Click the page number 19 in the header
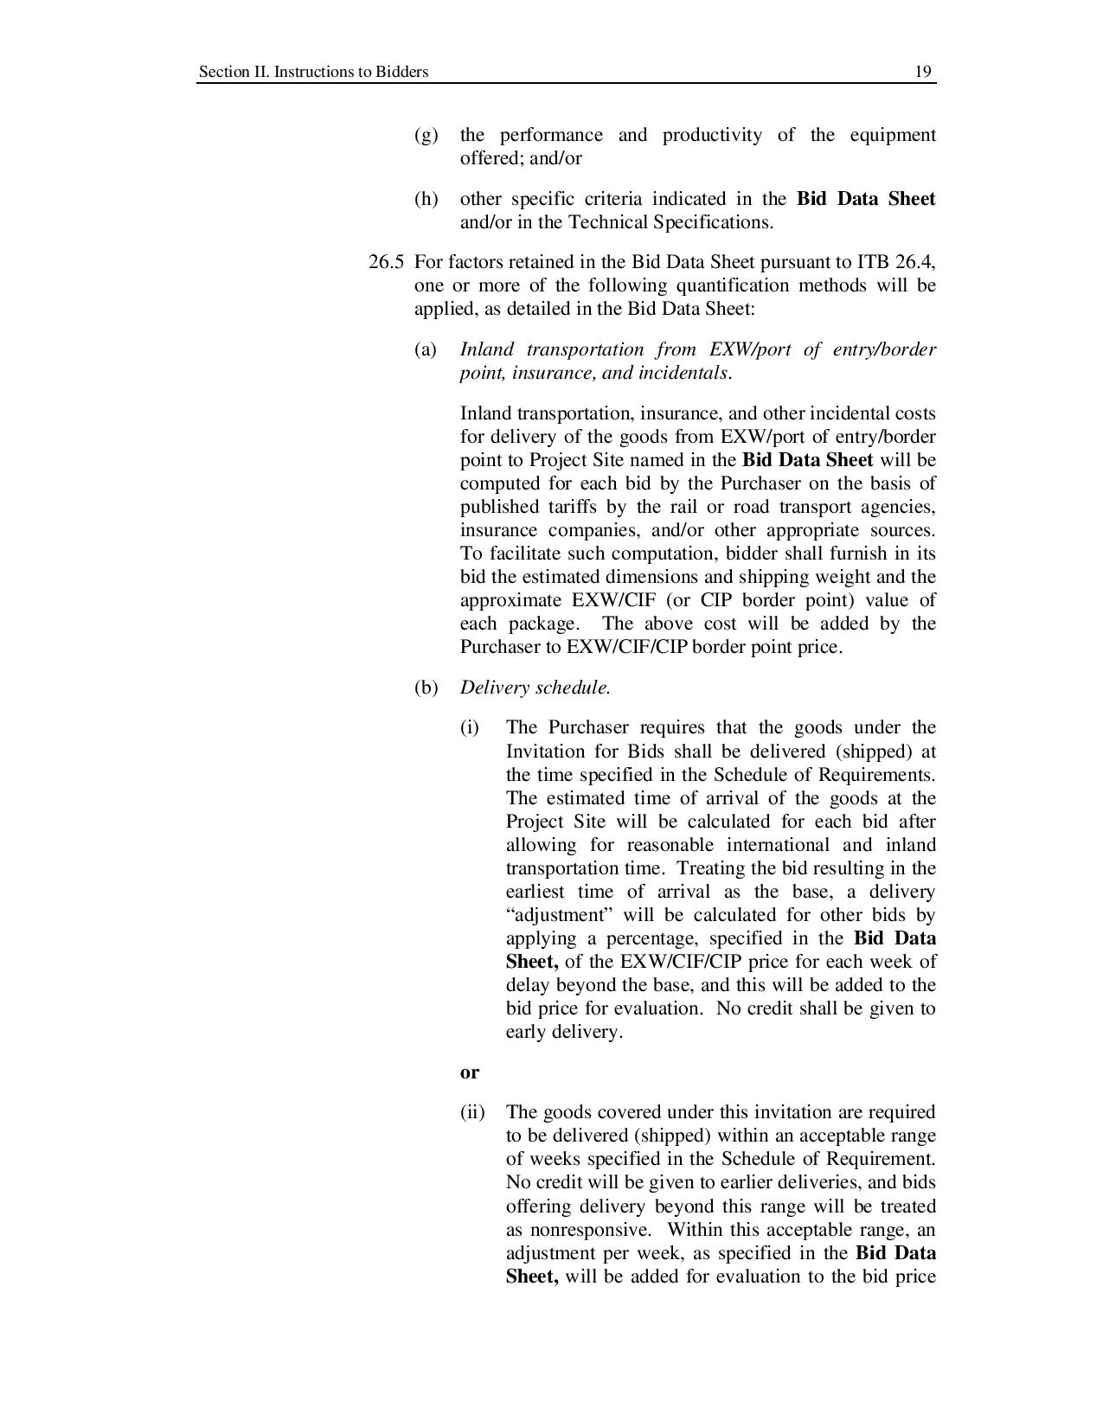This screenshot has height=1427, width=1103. [x=923, y=72]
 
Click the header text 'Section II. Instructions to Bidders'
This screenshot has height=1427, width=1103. [x=313, y=72]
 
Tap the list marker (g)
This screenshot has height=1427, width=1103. [x=426, y=136]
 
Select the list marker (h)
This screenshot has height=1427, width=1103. [x=426, y=200]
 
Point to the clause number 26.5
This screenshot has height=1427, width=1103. [x=386, y=263]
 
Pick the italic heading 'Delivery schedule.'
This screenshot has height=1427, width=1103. [x=535, y=688]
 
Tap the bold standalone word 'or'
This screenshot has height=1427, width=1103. [x=469, y=1072]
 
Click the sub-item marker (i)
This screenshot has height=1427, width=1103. [x=469, y=728]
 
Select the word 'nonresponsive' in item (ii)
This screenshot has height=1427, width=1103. [x=590, y=1231]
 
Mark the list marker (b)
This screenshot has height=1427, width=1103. [x=426, y=688]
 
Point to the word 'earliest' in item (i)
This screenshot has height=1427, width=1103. [x=536, y=893]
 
